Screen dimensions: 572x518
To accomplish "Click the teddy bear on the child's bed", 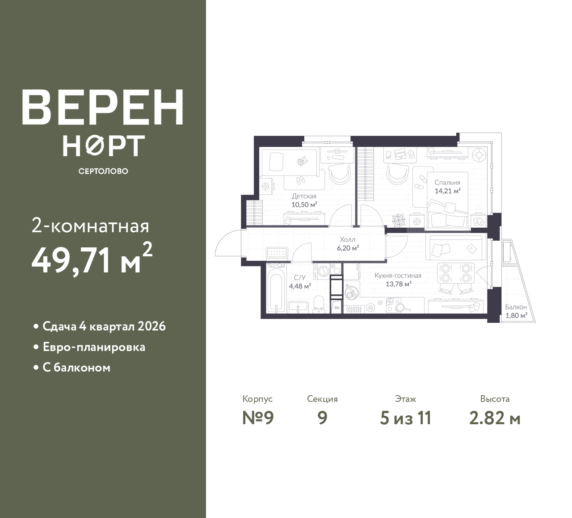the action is pos(302,161).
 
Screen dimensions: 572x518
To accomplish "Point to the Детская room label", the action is pos(304,196).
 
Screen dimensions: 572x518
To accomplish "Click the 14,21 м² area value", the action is pos(448,191).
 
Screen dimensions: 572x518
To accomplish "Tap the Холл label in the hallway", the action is pos(348,240).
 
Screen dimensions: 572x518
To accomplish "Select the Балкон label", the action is pos(516,307).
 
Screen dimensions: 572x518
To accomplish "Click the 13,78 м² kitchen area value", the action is pos(398,284).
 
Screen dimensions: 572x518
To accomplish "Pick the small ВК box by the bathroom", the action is pos(337,308).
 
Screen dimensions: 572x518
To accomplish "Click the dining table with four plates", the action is pos(456,273).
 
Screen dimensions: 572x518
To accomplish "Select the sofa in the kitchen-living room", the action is pos(456,247).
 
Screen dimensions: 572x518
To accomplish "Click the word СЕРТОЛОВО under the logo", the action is pos(103,171).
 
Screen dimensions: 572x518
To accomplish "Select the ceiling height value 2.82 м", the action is pos(495,418).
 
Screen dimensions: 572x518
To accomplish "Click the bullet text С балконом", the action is pos(76,368).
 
